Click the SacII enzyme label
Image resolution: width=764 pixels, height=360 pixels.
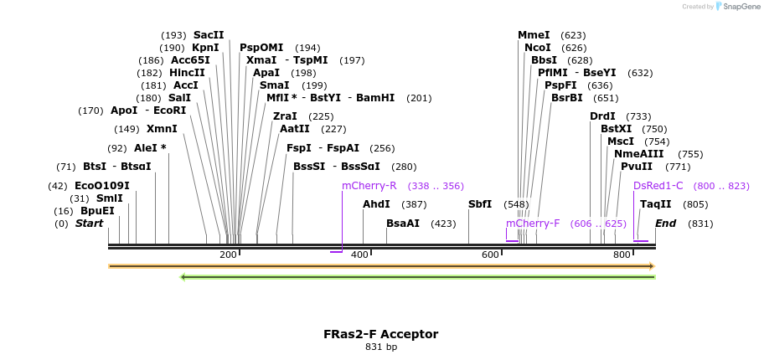pos(209,35)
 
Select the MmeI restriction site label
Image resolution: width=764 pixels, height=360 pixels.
pos(534,35)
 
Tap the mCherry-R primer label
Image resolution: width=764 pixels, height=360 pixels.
pos(369,186)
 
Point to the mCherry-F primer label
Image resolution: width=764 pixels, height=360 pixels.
pos(533,224)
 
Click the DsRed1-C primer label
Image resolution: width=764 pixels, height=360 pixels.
pos(658,186)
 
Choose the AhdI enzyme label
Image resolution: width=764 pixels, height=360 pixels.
pos(376,204)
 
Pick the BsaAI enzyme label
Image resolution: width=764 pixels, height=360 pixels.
pos(403,224)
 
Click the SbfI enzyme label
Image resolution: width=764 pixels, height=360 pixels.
pos(480,204)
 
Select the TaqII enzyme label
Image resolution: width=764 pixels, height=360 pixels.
pos(655,204)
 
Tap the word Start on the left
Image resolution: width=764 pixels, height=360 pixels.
pos(89,224)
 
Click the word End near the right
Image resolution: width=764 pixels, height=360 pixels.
pos(665,224)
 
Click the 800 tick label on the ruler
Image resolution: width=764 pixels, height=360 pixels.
pos(622,255)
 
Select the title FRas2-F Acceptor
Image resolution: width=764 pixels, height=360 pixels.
pos(381,334)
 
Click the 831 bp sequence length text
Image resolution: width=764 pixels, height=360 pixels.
pos(381,347)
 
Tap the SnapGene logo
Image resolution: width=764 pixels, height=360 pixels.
pos(736,7)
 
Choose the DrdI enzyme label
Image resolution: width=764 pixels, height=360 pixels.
pos(602,116)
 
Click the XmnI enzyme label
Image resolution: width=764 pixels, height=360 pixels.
pos(162,129)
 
